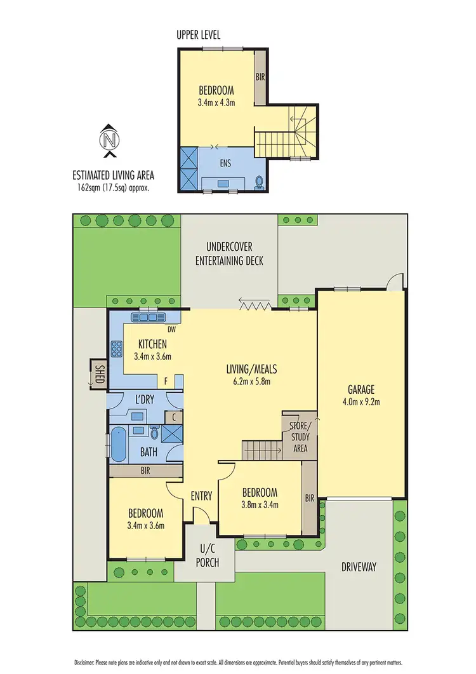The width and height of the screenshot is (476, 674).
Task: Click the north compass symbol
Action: point(110,140)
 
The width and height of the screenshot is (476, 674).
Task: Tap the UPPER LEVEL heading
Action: point(198,35)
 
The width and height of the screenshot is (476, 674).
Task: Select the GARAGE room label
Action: point(360,389)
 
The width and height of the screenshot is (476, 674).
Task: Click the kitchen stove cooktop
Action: point(117,349)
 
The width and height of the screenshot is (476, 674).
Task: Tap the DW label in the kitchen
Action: point(171,330)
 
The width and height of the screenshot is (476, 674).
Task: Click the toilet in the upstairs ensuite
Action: point(259,182)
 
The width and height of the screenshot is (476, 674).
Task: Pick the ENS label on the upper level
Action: point(225,163)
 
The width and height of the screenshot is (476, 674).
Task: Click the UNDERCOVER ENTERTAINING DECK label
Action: point(229,254)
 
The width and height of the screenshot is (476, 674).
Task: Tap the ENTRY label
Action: point(201,497)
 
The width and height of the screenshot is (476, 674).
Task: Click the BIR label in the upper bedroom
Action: point(260,77)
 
